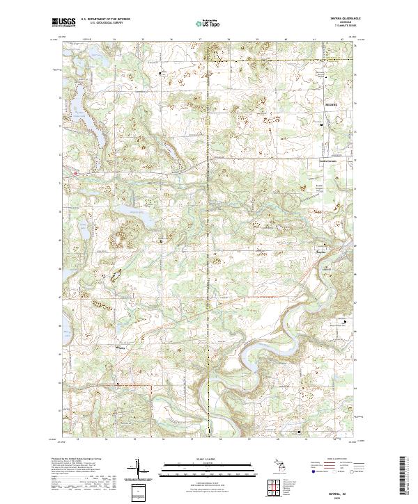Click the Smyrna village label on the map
[321, 251]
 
